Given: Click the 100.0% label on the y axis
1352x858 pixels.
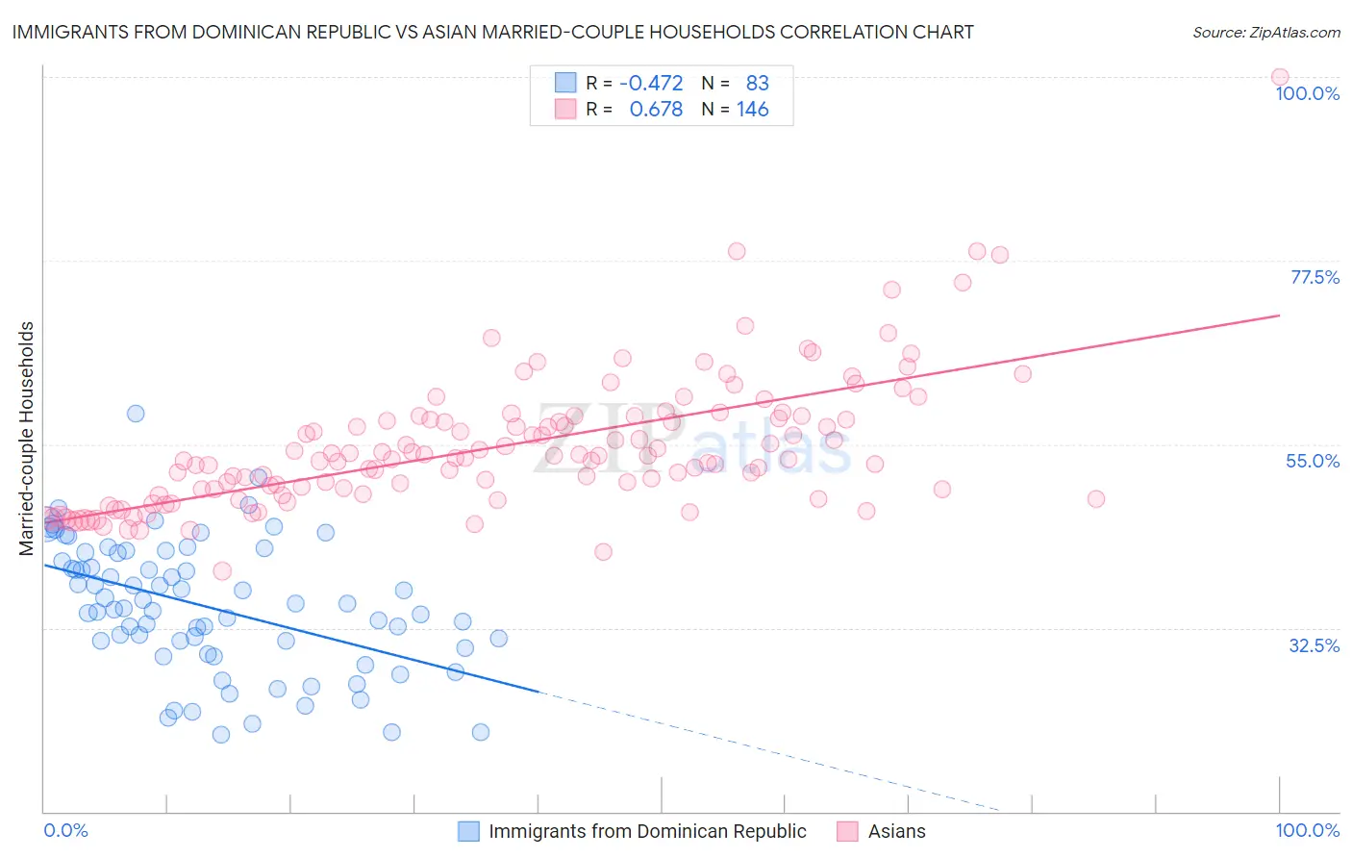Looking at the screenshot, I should pos(1307,93).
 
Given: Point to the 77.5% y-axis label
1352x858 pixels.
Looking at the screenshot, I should pos(1314,277).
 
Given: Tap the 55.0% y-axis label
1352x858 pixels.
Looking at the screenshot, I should pos(1313,461).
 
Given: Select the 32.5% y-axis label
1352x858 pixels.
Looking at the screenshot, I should pos(1314,645).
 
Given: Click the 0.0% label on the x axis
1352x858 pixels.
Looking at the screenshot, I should pos(65,830).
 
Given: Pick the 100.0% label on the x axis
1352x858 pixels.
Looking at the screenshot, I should pos(1307,830).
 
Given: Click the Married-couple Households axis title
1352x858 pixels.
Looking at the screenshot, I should pos(27,438).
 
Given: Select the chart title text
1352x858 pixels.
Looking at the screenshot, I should pos(492,32).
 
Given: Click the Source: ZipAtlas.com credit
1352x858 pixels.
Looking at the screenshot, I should pos(1265,32).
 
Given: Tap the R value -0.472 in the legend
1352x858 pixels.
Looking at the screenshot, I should pos(651,83).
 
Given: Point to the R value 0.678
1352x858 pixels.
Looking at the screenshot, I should pos(656,110).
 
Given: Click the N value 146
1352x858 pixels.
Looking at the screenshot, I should pos(752,110).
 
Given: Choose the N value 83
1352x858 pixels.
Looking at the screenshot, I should pos(757,83).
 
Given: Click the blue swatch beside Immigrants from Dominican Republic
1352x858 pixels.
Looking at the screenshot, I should pos(468,831).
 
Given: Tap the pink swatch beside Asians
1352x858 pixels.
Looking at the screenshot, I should pos(847,831).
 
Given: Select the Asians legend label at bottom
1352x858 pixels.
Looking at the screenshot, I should pos(896,831).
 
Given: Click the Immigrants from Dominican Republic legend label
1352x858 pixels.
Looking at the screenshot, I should pos(647,831).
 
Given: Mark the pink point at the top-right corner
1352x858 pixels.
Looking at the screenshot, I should pos(1279,77).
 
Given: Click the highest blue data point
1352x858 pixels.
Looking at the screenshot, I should pos(136,414).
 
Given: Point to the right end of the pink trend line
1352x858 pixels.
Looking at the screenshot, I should pos(1280,315).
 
